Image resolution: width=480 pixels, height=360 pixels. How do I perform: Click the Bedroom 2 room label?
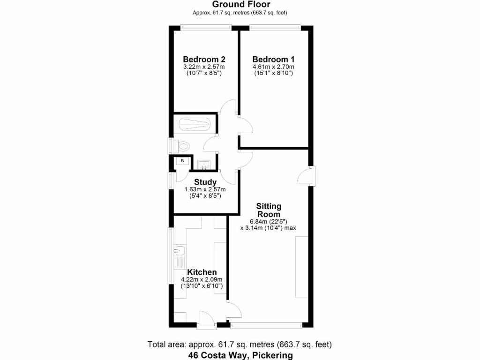[x=204, y=60]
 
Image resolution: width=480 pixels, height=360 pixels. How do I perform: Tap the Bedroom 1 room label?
[x=273, y=60]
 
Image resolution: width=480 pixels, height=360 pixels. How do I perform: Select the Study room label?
[x=205, y=182]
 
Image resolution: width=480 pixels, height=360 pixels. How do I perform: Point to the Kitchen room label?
[x=202, y=272]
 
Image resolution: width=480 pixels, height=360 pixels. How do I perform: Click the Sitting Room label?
[x=269, y=210]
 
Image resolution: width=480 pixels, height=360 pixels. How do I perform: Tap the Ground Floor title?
[x=240, y=5]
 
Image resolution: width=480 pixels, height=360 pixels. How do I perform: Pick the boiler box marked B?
[x=182, y=161]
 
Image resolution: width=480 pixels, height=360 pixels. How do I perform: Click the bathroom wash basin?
[x=203, y=164]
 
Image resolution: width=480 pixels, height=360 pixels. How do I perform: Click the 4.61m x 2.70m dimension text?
[x=273, y=67]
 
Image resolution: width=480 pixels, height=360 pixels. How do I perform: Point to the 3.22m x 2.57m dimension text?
[x=204, y=67]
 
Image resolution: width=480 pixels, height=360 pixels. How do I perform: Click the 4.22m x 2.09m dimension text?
[x=202, y=280]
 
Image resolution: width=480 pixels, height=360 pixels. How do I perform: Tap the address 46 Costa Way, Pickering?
[x=240, y=355]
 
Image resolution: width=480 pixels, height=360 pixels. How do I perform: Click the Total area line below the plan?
[x=240, y=345]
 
